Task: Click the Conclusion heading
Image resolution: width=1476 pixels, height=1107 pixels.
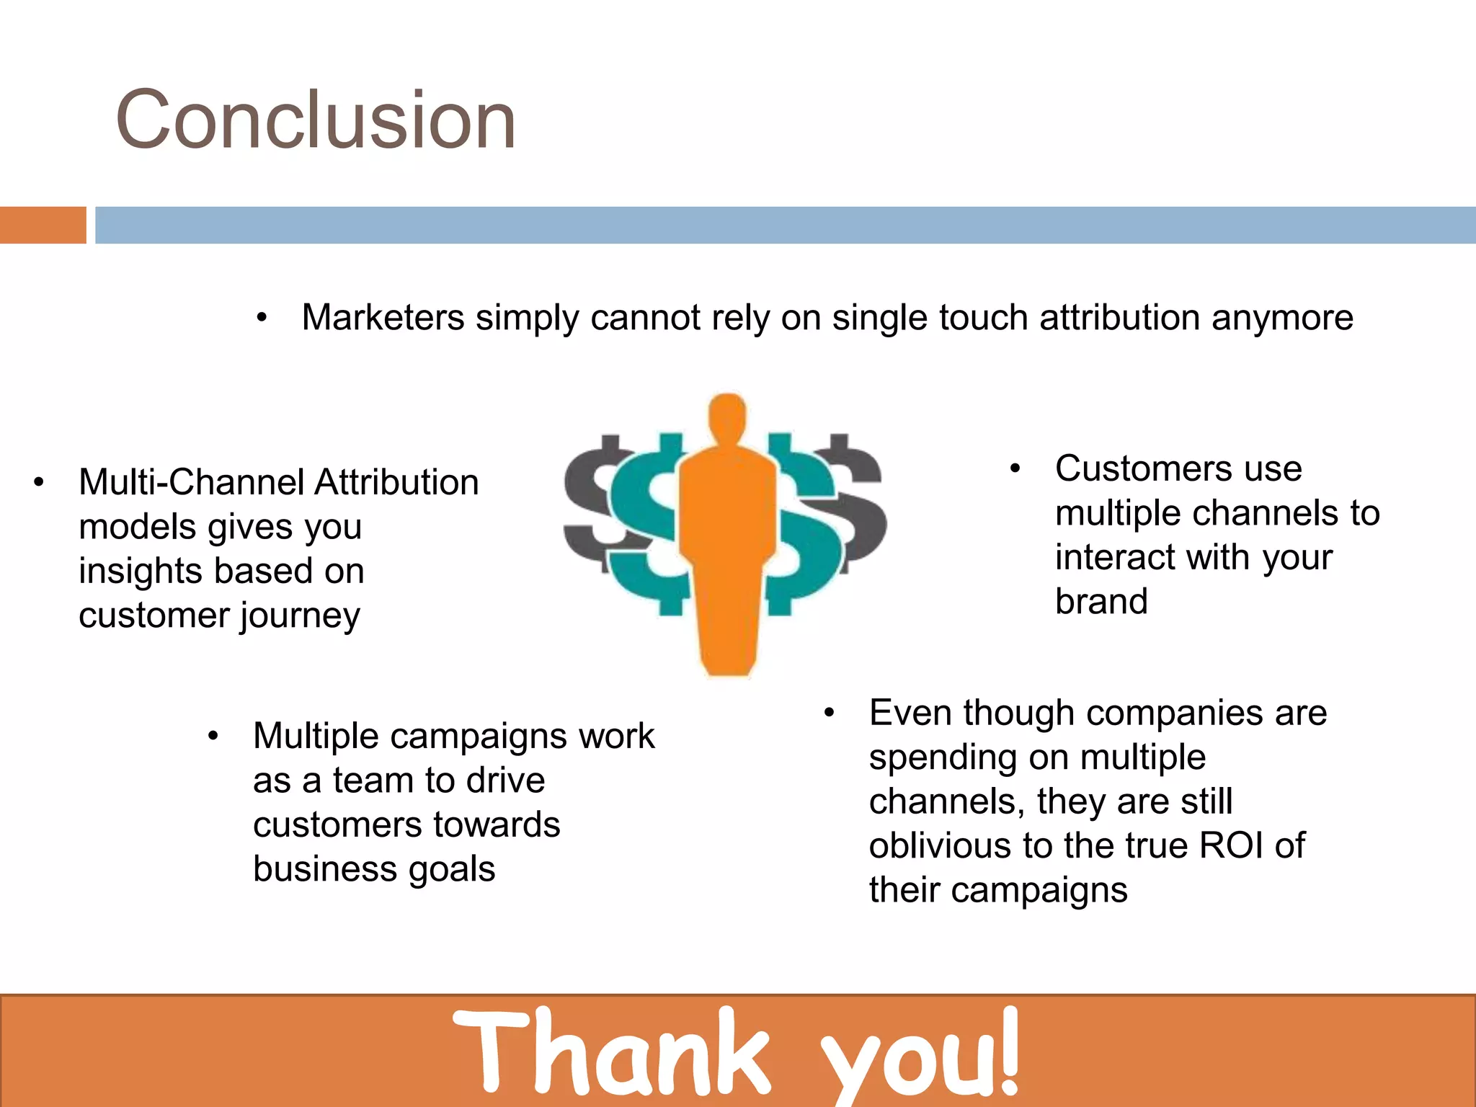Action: [316, 120]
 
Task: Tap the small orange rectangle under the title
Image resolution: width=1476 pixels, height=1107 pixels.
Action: [43, 225]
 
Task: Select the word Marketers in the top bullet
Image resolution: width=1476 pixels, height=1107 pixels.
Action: [383, 318]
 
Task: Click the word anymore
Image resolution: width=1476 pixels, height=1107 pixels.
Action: [1282, 318]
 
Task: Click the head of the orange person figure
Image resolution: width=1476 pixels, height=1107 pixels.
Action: [727, 418]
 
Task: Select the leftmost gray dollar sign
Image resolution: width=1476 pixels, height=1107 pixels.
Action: [598, 504]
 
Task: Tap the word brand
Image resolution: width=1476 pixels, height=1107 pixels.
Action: [1101, 601]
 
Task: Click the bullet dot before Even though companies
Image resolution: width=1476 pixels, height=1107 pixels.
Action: [830, 713]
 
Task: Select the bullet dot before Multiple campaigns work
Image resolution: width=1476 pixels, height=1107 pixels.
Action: [213, 737]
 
